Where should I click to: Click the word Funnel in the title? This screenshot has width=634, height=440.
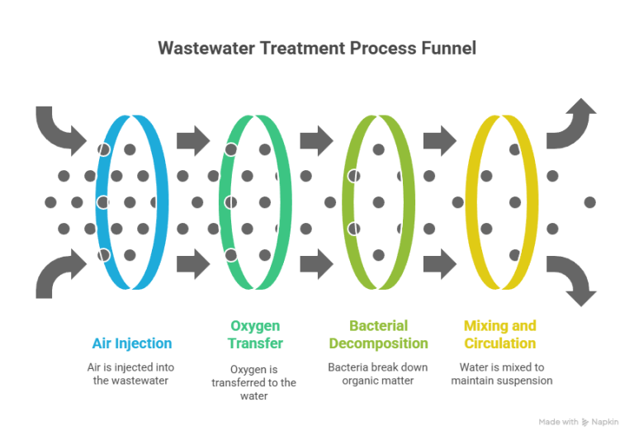(x=449, y=48)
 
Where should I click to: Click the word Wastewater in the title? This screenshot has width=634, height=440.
(x=206, y=48)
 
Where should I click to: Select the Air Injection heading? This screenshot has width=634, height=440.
(x=132, y=343)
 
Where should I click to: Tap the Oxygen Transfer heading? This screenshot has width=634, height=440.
(x=255, y=334)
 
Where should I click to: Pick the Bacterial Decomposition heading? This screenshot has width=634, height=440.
(x=378, y=334)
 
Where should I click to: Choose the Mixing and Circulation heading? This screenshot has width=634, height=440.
(x=500, y=334)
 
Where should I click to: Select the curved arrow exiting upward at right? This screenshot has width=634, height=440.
(x=575, y=130)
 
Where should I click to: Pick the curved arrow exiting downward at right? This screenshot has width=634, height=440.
(x=575, y=275)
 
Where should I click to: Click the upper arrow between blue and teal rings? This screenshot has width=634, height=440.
(x=193, y=140)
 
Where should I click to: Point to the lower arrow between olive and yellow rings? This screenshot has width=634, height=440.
(x=440, y=264)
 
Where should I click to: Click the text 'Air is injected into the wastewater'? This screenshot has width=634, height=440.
(x=130, y=374)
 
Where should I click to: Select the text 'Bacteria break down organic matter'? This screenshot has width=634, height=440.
(x=377, y=374)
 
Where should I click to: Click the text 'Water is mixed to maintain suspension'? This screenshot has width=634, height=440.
(x=502, y=374)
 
